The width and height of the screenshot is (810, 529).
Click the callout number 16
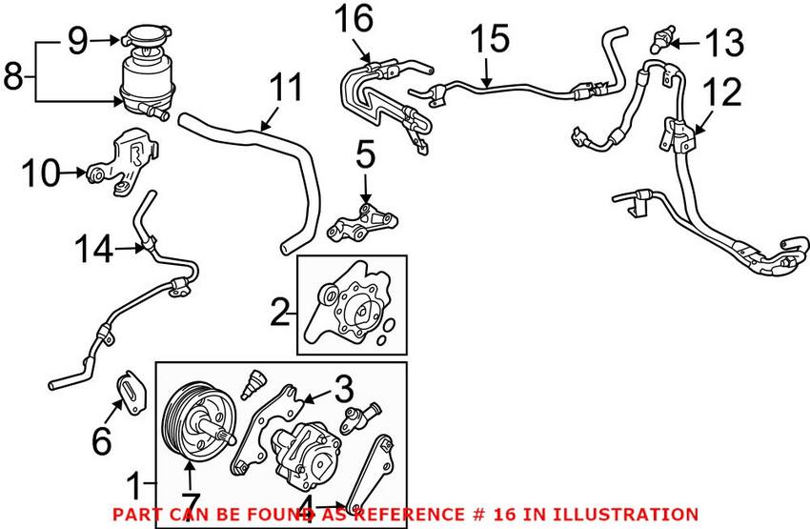click(354, 19)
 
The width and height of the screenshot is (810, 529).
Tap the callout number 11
click(286, 88)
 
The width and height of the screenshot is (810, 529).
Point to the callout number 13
click(725, 42)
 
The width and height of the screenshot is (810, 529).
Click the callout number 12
click(722, 92)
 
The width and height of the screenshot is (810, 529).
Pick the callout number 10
click(41, 173)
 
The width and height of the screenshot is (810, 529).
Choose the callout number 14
click(94, 249)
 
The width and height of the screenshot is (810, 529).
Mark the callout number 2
click(280, 312)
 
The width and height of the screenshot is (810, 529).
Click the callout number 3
click(343, 389)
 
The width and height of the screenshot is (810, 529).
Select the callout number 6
click(101, 440)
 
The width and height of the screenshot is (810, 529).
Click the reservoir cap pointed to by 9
click(146, 39)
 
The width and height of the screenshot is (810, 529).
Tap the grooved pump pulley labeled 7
click(199, 422)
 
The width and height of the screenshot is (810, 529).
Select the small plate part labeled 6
click(132, 392)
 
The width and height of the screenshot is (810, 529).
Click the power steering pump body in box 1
click(306, 457)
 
